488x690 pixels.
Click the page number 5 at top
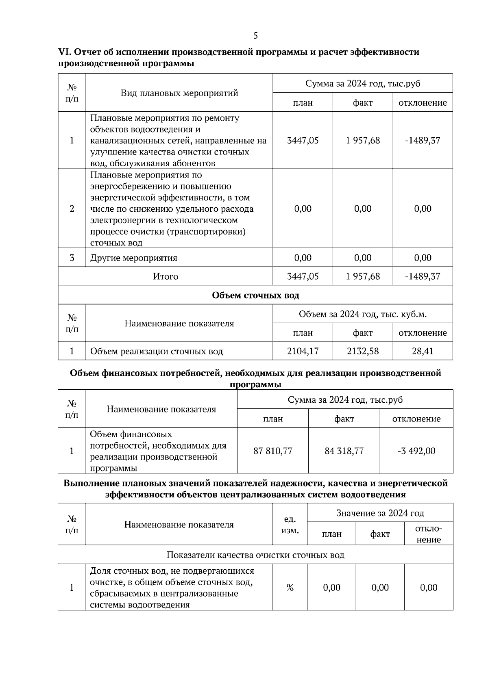pos(255,36)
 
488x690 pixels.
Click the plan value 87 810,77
pos(273,451)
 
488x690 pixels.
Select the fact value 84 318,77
pos(344,451)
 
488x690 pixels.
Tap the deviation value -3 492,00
pos(416,451)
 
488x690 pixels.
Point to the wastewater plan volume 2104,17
pos(303,351)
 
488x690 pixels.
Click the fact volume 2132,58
pos(363,351)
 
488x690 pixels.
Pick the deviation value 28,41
pos(423,351)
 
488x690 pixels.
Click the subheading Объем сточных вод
pos(255,295)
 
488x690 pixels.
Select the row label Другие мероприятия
pos(134,258)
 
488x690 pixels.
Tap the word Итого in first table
pos(166,276)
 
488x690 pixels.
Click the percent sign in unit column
pos(290,588)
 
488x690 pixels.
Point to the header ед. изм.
pos(290,525)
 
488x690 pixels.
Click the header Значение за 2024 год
pos(380,513)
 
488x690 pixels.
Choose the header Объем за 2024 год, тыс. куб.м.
pos(362,314)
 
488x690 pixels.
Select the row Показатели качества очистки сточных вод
pos(255,555)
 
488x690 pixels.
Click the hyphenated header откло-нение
pos(428,534)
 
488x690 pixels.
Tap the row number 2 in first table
pos(72,208)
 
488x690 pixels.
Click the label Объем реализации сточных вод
pos(157,351)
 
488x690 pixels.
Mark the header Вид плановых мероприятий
pos(179,93)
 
